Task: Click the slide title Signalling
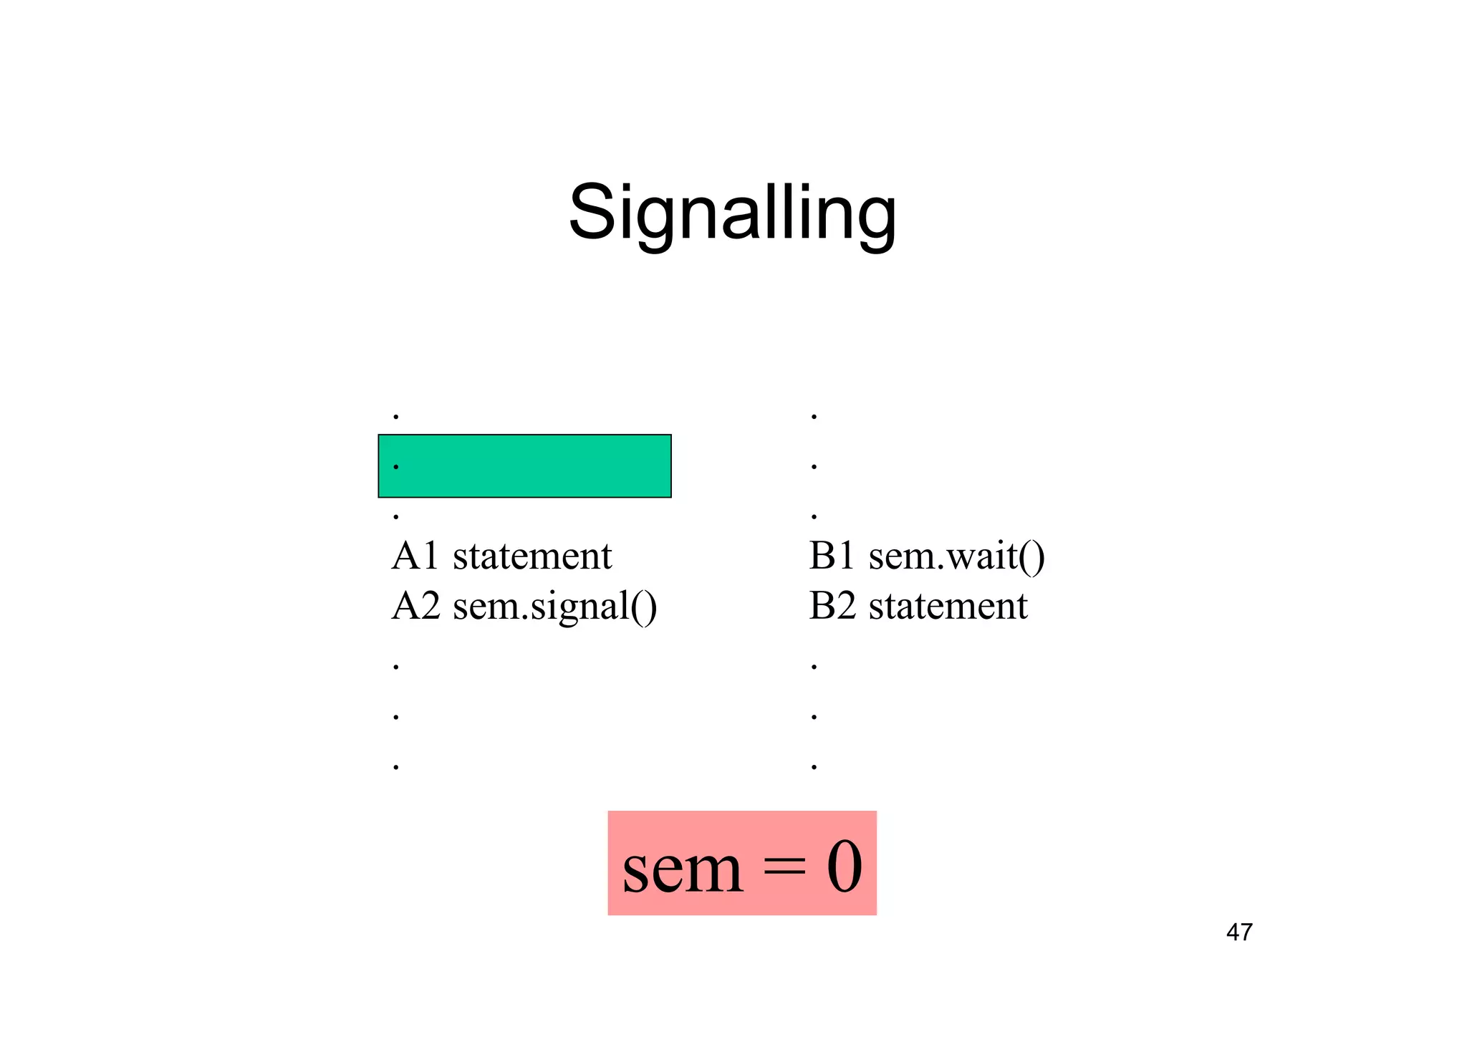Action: click(732, 213)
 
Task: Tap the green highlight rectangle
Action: click(524, 466)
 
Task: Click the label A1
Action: click(415, 556)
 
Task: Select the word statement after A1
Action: click(532, 556)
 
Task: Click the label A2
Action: click(415, 606)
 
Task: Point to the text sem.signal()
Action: click(555, 607)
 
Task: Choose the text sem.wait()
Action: click(957, 557)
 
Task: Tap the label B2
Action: click(832, 606)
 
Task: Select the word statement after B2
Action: click(948, 606)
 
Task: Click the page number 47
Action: click(1239, 932)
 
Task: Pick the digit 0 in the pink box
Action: click(845, 866)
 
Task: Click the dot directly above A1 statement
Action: click(396, 516)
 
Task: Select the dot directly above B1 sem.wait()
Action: click(814, 516)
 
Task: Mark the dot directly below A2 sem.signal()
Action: click(396, 667)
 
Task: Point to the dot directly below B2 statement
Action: click(814, 667)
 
